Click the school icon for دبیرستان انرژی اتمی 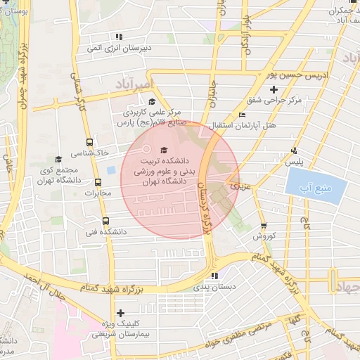(120, 37)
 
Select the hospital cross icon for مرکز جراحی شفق (274, 89)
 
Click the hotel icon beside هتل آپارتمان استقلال (242, 115)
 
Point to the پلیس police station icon (294, 150)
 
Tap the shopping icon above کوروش (264, 226)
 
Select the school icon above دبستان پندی (214, 276)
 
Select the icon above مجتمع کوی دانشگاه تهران (58, 160)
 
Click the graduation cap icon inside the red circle (165, 150)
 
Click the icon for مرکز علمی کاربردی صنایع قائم (151, 101)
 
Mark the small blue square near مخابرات (111, 170)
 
